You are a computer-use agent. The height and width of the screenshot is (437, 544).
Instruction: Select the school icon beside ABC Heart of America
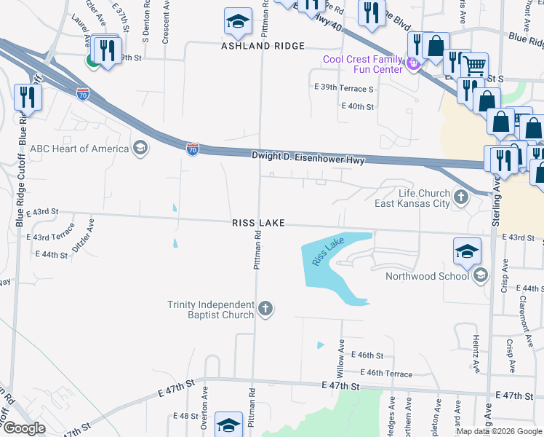(140, 149)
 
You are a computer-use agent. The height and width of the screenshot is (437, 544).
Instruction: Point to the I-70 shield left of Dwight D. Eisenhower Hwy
(192, 149)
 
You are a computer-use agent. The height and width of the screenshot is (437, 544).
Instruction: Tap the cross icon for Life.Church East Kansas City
(461, 197)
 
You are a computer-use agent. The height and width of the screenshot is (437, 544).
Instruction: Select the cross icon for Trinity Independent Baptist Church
(265, 309)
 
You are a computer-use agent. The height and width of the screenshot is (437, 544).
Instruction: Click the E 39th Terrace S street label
(344, 88)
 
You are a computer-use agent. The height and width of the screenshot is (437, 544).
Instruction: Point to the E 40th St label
(357, 106)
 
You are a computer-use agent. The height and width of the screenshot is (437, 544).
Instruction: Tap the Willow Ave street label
(340, 358)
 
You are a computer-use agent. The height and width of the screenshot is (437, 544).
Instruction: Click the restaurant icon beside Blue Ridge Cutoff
(28, 98)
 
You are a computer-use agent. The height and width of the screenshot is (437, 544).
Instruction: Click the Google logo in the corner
(25, 428)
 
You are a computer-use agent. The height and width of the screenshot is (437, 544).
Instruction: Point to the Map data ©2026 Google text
(498, 431)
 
